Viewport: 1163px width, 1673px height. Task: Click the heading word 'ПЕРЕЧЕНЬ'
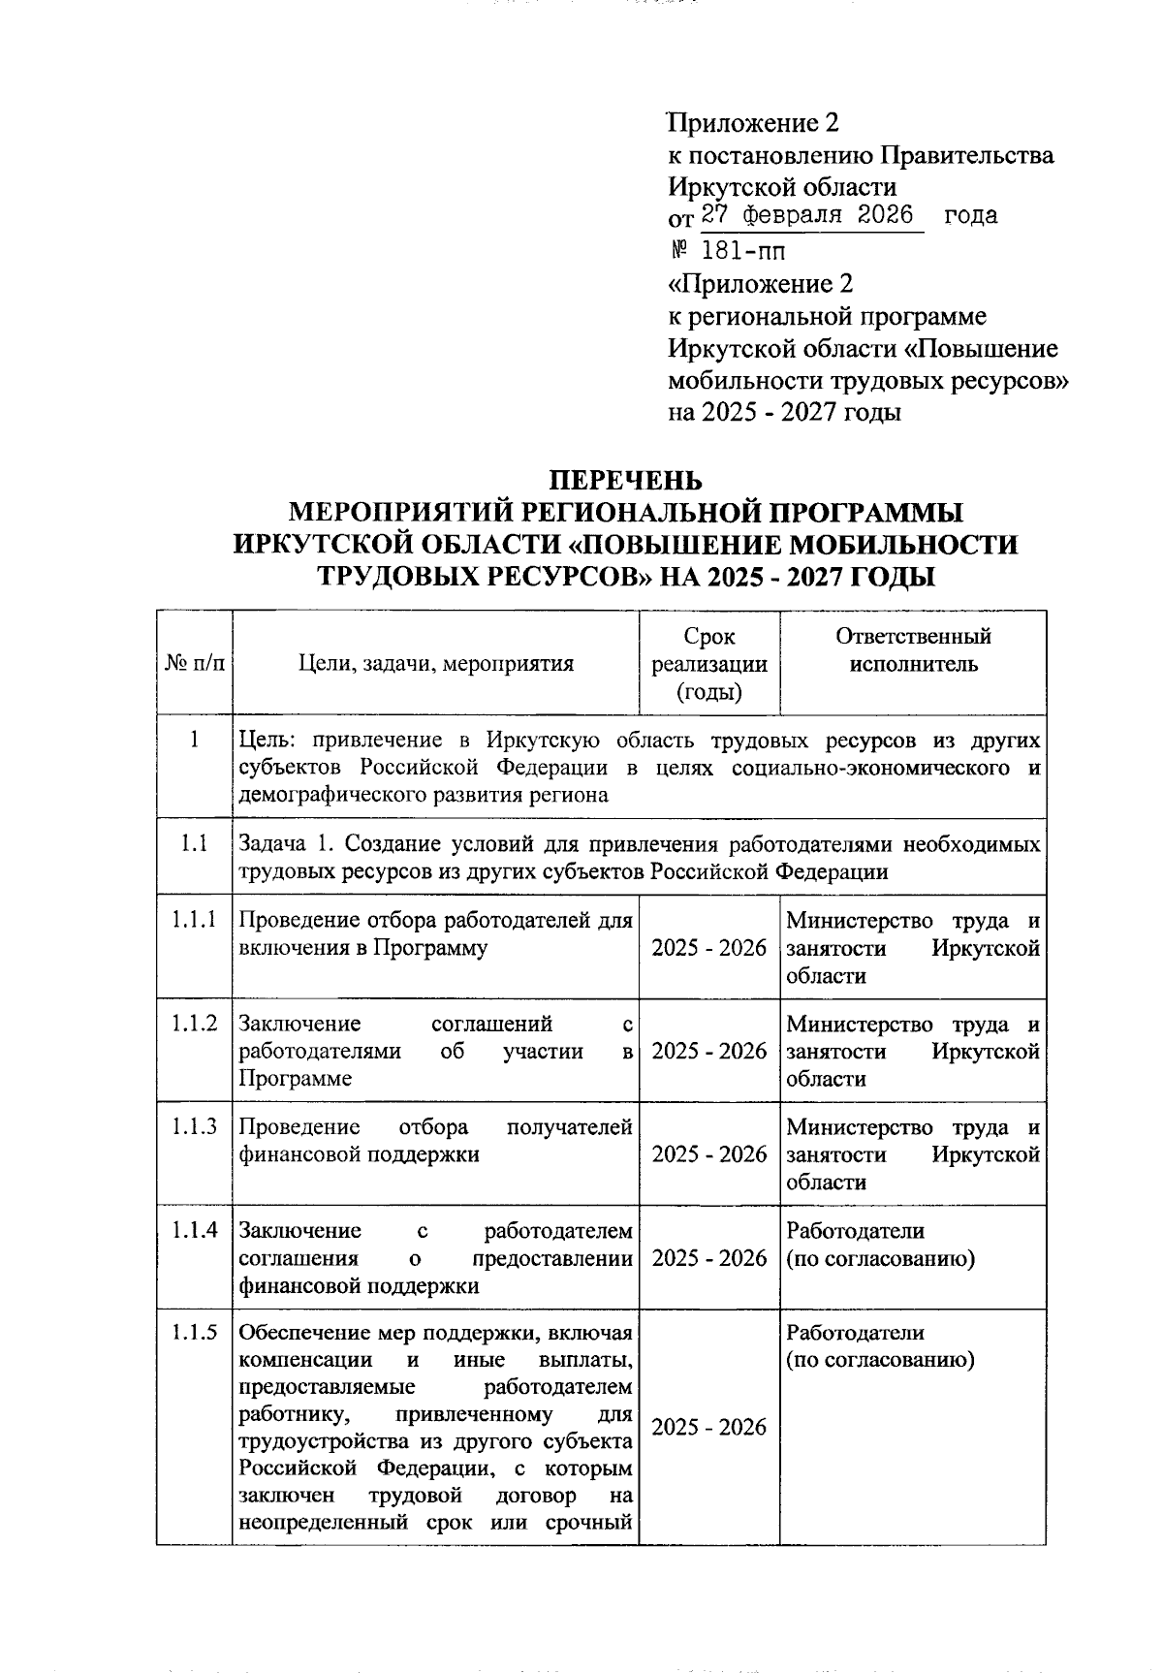pyautogui.click(x=625, y=481)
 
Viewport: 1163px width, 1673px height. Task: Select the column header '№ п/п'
pyautogui.click(x=194, y=664)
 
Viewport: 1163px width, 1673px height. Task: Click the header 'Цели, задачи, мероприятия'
pyautogui.click(x=436, y=664)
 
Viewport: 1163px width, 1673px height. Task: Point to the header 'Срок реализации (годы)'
pyautogui.click(x=709, y=664)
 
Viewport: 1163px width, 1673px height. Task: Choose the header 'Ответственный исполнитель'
pyautogui.click(x=913, y=650)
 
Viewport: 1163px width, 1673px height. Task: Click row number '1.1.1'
pyautogui.click(x=194, y=920)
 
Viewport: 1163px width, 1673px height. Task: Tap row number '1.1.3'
pyautogui.click(x=194, y=1126)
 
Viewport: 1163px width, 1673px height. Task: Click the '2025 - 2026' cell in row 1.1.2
pyautogui.click(x=709, y=1052)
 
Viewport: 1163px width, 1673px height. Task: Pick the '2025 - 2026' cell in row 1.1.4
pyautogui.click(x=709, y=1258)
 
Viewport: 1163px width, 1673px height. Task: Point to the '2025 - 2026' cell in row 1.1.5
pyautogui.click(x=709, y=1428)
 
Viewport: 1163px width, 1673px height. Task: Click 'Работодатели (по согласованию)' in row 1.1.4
pyautogui.click(x=880, y=1245)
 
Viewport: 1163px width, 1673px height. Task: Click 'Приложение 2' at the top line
pyautogui.click(x=753, y=123)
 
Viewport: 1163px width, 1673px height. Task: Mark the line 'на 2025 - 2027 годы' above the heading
pyautogui.click(x=785, y=412)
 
